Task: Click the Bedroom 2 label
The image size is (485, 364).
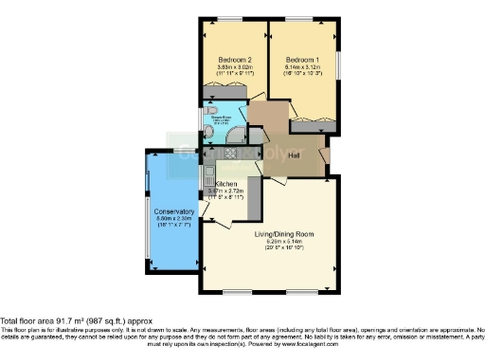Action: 233,58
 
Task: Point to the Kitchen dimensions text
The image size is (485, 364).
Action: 228,192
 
